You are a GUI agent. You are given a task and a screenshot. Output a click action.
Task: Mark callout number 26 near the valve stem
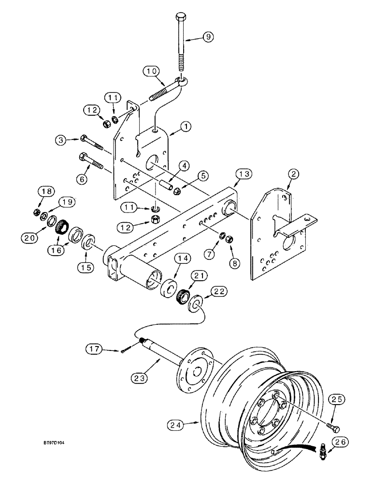click(x=340, y=441)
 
